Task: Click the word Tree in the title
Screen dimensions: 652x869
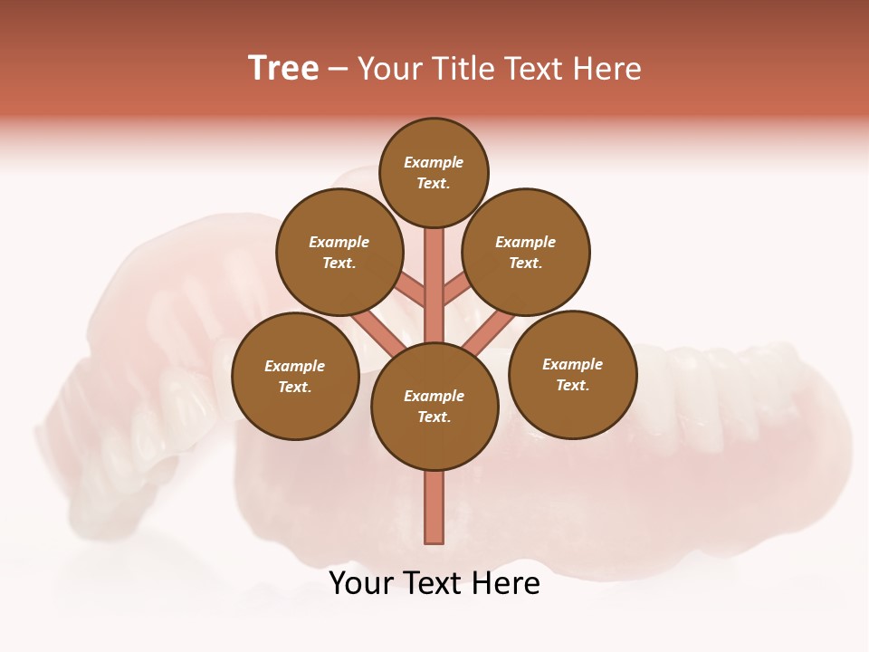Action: click(x=283, y=69)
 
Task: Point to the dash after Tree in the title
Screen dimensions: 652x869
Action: click(x=338, y=70)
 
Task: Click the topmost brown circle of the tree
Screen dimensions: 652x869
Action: click(x=434, y=172)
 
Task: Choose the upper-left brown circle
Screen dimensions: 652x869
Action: click(x=339, y=253)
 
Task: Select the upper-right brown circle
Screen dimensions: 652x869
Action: click(x=526, y=253)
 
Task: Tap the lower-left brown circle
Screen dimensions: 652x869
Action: click(x=295, y=377)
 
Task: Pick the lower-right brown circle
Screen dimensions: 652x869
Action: click(x=572, y=374)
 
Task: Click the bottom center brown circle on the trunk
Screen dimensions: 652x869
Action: click(x=434, y=407)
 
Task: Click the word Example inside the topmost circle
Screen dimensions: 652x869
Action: click(x=434, y=163)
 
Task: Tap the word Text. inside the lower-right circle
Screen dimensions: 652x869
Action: click(x=572, y=385)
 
